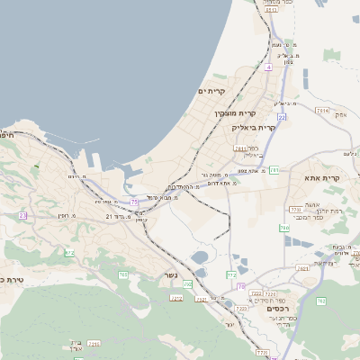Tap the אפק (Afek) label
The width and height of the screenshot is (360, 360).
(340, 114)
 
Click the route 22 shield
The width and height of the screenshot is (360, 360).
(282, 117)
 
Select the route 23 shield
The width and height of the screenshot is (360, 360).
(22, 216)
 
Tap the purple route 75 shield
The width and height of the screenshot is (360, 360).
(134, 202)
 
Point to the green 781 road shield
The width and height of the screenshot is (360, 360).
(274, 169)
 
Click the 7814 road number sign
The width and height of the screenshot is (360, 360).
(321, 110)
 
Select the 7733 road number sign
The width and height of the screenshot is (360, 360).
(295, 210)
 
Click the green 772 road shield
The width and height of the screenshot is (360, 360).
(231, 274)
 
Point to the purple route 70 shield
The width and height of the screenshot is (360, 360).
(240, 286)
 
